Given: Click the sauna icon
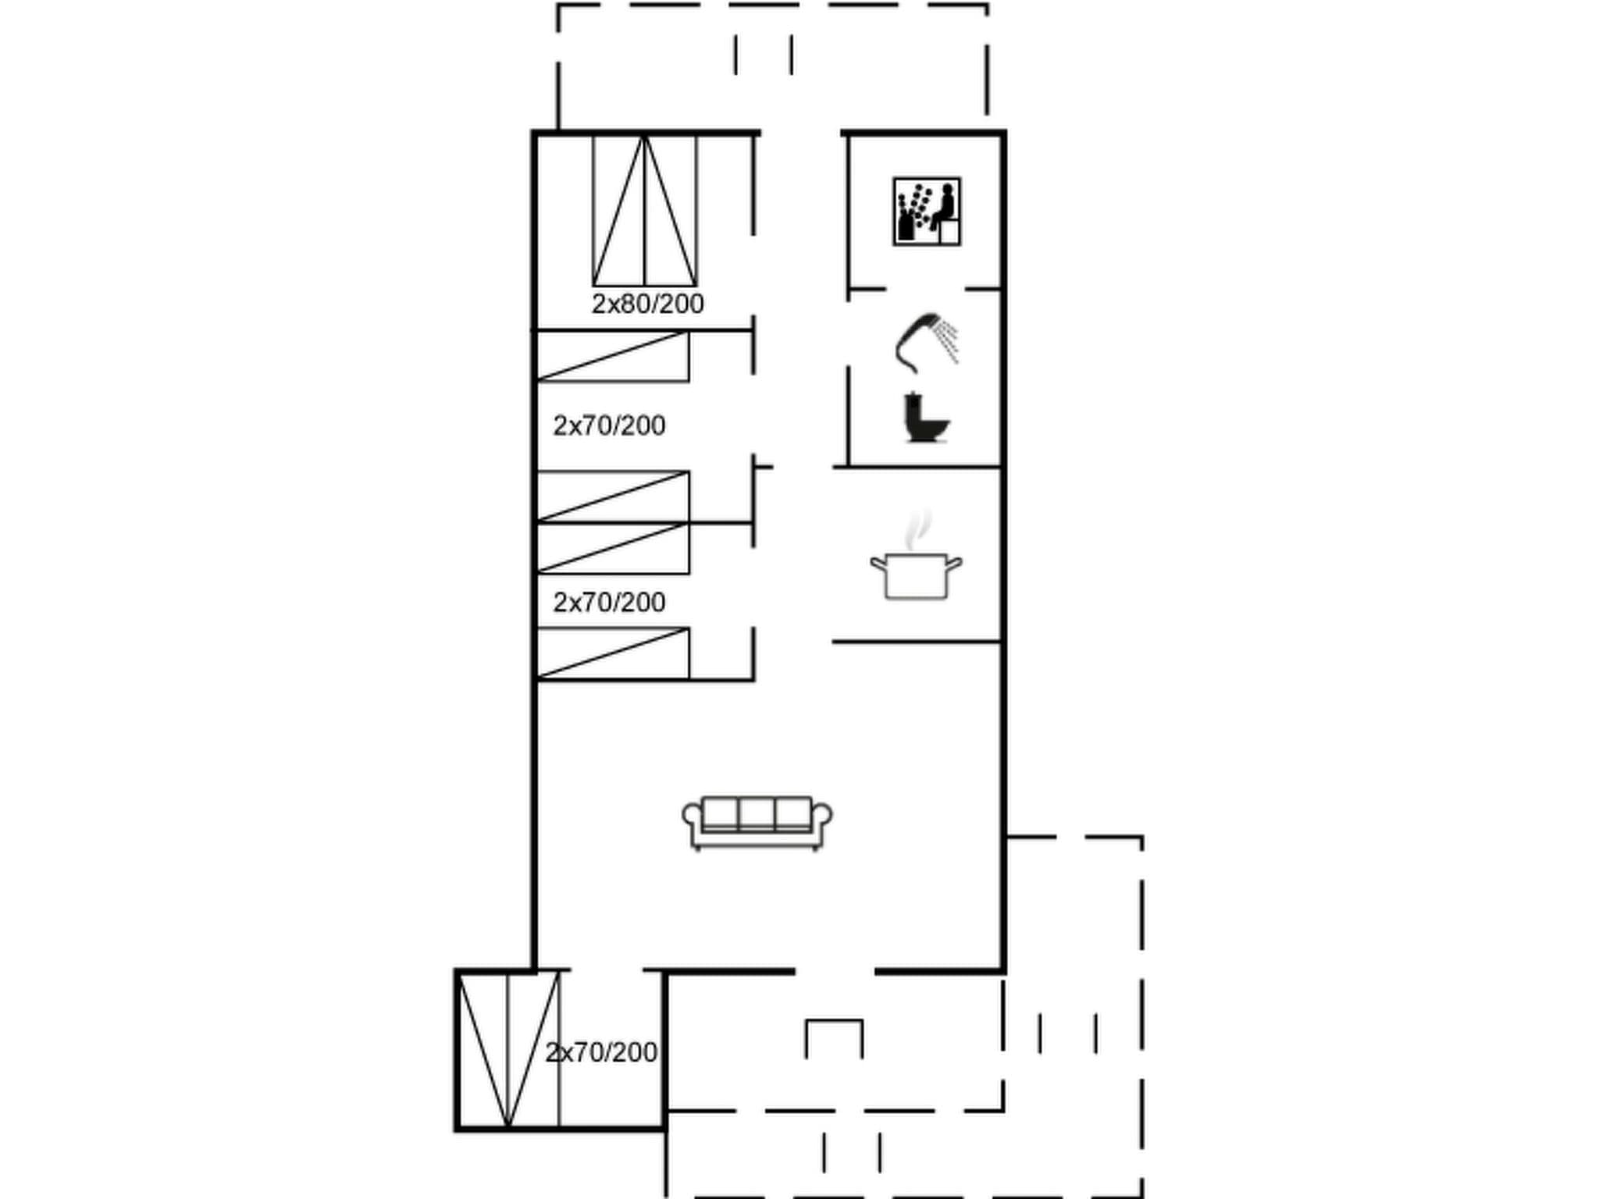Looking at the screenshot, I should (x=927, y=212).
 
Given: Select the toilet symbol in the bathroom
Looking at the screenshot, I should (x=926, y=418).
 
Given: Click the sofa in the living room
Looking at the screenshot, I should (x=757, y=822).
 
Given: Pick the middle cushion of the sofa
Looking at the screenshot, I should (x=757, y=813).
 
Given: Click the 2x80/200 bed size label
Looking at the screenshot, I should (x=647, y=304).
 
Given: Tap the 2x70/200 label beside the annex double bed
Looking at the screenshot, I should (x=601, y=1053).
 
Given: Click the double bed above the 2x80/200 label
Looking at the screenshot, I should (x=645, y=211).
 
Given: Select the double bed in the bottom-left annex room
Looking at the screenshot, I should (x=508, y=1049).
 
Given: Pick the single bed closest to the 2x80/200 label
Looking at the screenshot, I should (x=613, y=357).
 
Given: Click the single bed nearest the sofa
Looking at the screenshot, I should (x=613, y=653).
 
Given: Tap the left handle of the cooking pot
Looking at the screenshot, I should (x=878, y=562).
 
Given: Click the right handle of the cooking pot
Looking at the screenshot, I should (x=954, y=562).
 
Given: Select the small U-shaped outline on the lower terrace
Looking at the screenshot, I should (x=834, y=1037).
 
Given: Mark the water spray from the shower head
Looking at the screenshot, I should (x=949, y=340).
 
